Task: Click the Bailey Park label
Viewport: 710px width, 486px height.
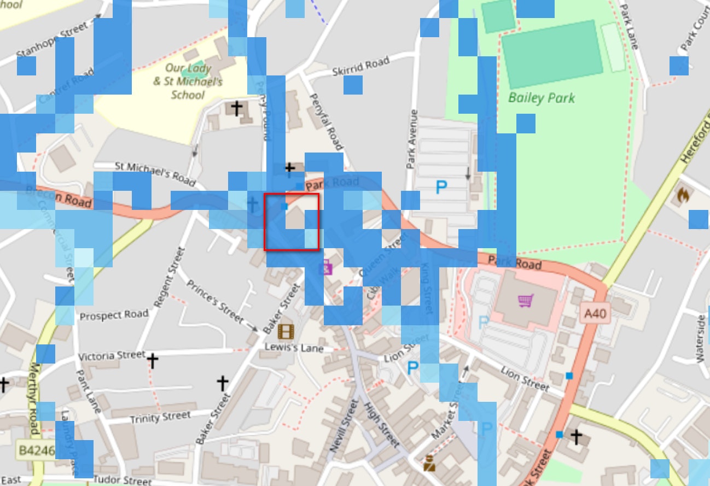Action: [x=541, y=98]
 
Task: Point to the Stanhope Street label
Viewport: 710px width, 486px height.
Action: [x=53, y=39]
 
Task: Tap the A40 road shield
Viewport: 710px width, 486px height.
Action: [x=596, y=313]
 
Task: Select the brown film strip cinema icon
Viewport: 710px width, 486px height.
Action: [x=286, y=331]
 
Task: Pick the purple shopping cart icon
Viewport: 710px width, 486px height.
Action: [x=526, y=300]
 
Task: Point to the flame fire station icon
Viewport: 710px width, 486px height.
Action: [x=683, y=194]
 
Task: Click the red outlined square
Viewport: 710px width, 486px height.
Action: [x=292, y=222]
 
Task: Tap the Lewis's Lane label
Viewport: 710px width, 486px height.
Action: [x=294, y=347]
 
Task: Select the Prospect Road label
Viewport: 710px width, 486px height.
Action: [x=114, y=315]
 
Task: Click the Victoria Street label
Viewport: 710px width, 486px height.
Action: [x=112, y=356]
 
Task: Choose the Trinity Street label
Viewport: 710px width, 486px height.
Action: [x=160, y=417]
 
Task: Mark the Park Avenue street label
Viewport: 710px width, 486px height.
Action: [x=412, y=139]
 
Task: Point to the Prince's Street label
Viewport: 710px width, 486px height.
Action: [x=215, y=301]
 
